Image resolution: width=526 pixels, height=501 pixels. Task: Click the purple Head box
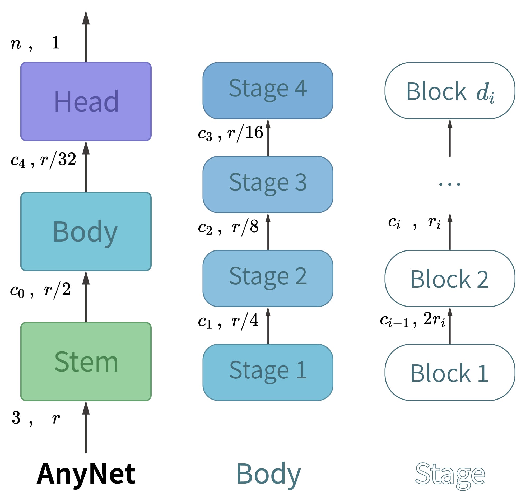pos(86,101)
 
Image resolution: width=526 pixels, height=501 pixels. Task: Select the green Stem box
pos(86,361)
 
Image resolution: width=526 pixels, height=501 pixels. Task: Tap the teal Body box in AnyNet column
pos(86,231)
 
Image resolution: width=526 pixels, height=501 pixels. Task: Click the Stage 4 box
pos(268,91)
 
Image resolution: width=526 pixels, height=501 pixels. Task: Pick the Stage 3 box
pos(268,184)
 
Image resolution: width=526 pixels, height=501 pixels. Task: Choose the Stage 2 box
pos(268,279)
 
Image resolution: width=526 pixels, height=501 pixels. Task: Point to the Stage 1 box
pos(268,373)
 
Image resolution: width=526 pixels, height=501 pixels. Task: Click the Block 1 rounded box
pos(450,373)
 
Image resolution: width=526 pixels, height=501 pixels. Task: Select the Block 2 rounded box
pos(450,279)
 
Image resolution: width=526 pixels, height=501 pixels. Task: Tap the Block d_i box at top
pos(450,91)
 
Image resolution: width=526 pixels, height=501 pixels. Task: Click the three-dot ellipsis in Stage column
pos(450,184)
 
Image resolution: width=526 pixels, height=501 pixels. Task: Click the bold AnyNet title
pos(86,474)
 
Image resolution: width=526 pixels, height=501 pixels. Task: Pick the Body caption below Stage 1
pos(268,474)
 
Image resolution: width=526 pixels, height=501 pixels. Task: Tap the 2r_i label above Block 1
pos(434,319)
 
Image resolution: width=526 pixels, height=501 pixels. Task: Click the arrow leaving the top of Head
pos(86,37)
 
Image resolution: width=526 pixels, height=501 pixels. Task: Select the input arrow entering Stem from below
pos(86,427)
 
